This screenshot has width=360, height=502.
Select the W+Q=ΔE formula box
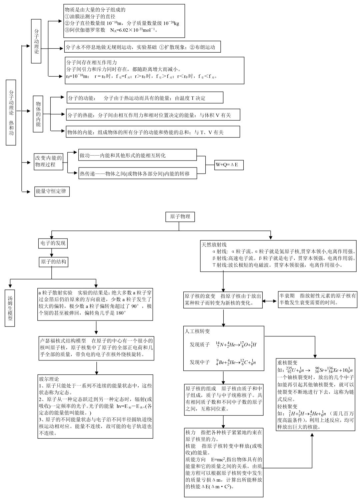pos(228,165)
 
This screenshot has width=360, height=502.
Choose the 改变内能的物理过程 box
pos(49,161)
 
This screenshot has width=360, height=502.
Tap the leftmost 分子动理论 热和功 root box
pos(11,112)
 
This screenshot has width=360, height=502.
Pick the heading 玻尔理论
pos(49,379)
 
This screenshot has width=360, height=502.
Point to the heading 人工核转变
pos(198,331)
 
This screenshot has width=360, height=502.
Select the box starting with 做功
pos(138,156)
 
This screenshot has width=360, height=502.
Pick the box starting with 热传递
pos(138,173)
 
